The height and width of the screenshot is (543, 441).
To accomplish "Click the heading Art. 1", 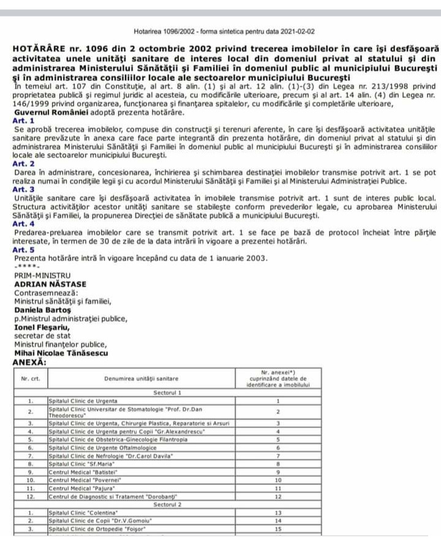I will point(24,122).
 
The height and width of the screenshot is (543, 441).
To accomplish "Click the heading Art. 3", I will point(24,190).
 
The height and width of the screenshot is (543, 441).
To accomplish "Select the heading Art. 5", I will point(24,249).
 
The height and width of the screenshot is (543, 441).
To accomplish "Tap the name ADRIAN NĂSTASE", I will point(50,284).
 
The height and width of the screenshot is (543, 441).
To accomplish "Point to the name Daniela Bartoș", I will point(42,309).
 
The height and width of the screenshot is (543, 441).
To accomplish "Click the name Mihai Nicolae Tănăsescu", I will point(61,353).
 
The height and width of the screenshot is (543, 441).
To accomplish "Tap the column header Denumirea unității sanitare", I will point(141,379).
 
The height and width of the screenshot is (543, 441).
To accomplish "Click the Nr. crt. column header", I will point(31,379).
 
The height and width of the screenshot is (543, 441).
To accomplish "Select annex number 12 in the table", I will point(277,497).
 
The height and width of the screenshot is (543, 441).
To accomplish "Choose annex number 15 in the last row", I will point(277,528).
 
